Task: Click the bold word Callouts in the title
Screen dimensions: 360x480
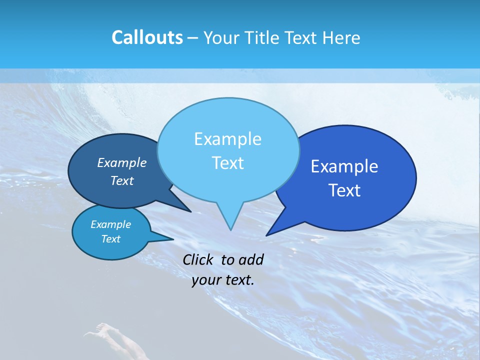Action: (147, 37)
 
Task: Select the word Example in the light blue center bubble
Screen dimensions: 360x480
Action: (227, 139)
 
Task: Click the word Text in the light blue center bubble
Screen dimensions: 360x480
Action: (227, 163)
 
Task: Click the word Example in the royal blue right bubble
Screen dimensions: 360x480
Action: (344, 166)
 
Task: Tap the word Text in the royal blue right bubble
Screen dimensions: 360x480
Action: (344, 190)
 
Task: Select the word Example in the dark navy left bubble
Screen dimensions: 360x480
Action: (122, 162)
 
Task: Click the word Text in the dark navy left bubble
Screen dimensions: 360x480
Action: (122, 180)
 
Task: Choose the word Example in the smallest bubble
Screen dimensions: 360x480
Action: (111, 224)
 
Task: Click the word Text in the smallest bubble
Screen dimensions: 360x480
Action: (111, 239)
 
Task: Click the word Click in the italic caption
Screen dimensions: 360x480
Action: (199, 259)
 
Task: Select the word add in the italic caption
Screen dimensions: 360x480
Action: (251, 259)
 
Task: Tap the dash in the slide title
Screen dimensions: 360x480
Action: (193, 38)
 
